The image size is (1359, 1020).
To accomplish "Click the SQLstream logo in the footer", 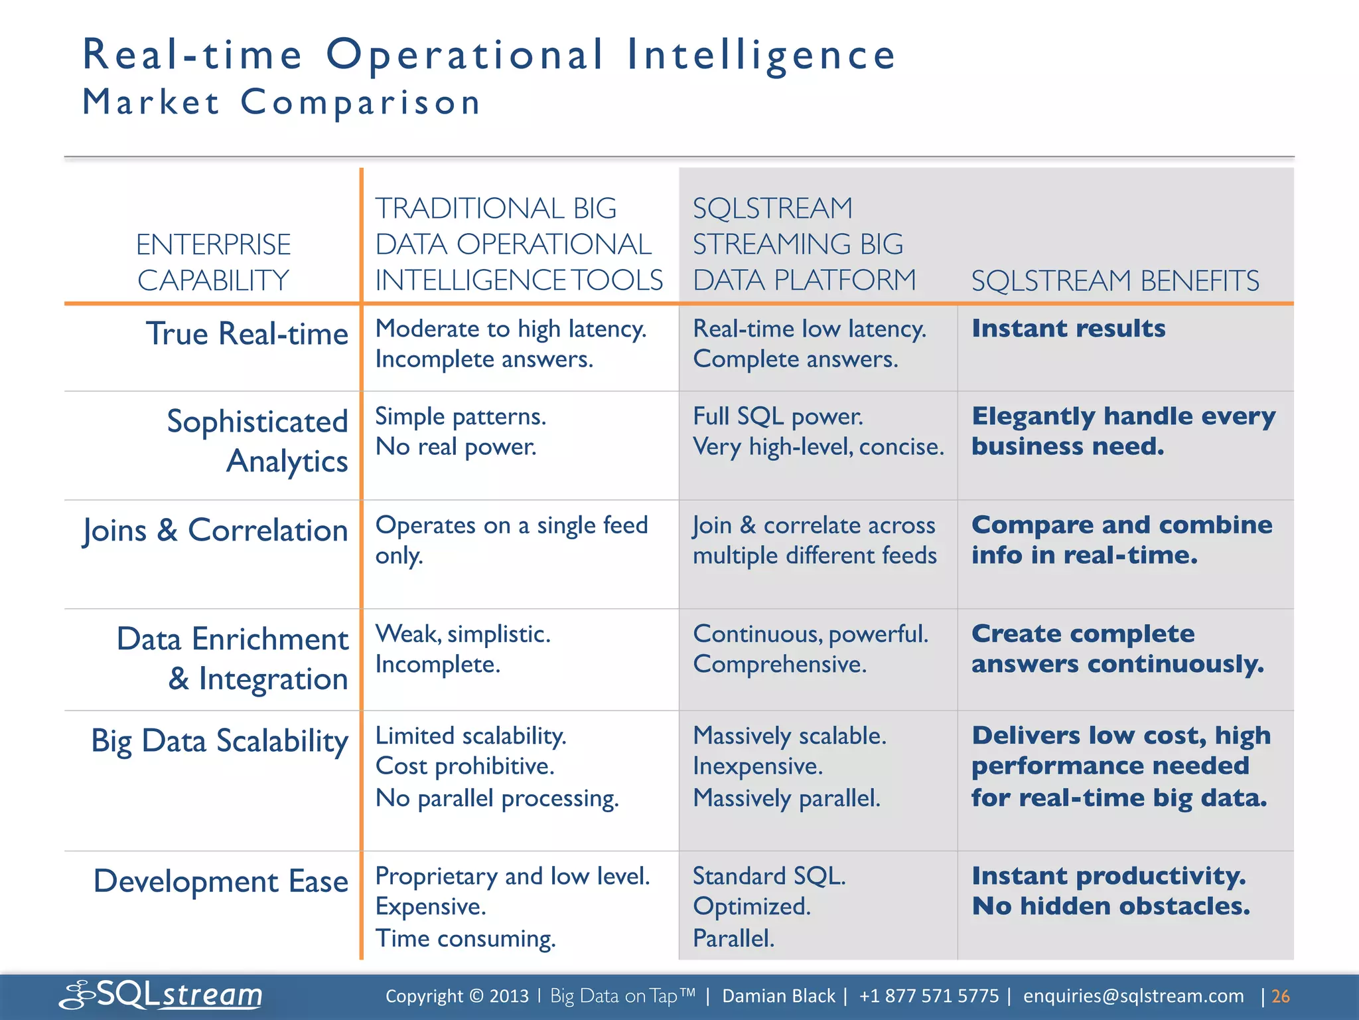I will point(161,995).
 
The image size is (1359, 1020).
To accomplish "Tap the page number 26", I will point(1280,996).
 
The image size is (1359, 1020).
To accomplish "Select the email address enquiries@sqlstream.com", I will point(1133,996).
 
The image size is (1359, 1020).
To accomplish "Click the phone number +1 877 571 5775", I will point(928,996).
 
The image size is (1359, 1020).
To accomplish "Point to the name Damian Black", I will point(778,996).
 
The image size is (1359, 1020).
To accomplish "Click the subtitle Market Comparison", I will point(282,103).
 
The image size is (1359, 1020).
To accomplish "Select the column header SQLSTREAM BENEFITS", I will point(1115,281).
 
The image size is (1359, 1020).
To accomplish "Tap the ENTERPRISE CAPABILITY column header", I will point(213,262).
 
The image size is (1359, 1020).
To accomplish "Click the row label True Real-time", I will point(247,333).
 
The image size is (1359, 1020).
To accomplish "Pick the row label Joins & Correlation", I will point(215,531).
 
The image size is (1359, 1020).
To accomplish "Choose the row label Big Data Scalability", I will point(220,741).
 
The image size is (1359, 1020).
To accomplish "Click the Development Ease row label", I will point(221,882).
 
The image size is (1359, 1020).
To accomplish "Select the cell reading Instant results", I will point(1068,329).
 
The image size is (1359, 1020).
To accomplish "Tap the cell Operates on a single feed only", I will point(511,540).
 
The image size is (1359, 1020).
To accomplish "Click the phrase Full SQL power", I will point(778,416).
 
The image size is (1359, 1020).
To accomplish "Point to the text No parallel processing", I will point(497,798).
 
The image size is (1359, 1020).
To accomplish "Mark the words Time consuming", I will point(465,938).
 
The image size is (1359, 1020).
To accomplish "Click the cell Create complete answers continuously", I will point(1117,649).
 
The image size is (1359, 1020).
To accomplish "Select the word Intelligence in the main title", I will point(761,54).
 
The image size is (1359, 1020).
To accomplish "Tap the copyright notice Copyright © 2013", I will point(457,996).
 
